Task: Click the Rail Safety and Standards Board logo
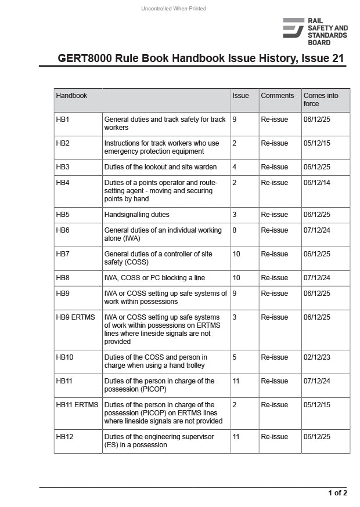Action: pyautogui.click(x=315, y=31)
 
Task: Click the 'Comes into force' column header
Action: pyautogui.click(x=321, y=100)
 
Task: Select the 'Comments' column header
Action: pyautogui.click(x=277, y=96)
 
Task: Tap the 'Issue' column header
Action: pyautogui.click(x=240, y=96)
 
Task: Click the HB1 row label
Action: pyautogui.click(x=63, y=119)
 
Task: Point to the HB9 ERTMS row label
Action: pyautogui.click(x=75, y=317)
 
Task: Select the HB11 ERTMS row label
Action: pyautogui.click(x=77, y=405)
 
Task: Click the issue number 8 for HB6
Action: pyautogui.click(x=235, y=230)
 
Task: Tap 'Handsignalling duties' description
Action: pyautogui.click(x=137, y=215)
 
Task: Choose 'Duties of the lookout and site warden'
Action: pyautogui.click(x=160, y=167)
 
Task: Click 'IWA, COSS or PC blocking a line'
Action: pyautogui.click(x=154, y=278)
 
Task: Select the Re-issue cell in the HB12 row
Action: pyautogui.click(x=274, y=437)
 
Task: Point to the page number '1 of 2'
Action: pyautogui.click(x=337, y=493)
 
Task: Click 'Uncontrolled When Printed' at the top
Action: pyautogui.click(x=174, y=8)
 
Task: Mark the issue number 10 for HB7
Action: pyautogui.click(x=236, y=254)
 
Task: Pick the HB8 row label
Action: pyautogui.click(x=63, y=278)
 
